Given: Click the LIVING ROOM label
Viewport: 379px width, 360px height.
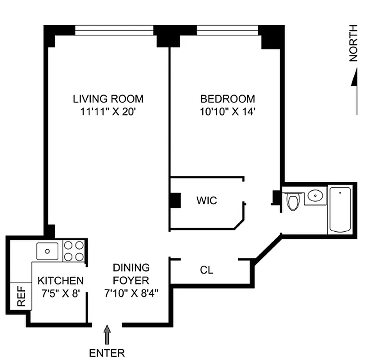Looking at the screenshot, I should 108,99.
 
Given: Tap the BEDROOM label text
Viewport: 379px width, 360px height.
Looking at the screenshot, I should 227,99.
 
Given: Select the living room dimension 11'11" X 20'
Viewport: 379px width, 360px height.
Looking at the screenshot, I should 108,111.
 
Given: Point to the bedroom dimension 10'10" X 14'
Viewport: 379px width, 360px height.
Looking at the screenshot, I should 227,111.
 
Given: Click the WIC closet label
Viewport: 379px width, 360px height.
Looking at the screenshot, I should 206,200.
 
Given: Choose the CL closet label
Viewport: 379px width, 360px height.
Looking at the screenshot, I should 206,270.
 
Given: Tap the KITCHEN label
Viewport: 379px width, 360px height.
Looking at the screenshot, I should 60,281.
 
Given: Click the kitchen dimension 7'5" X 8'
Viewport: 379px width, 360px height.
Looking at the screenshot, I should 60,293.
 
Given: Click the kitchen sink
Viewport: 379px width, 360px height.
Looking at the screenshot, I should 47,251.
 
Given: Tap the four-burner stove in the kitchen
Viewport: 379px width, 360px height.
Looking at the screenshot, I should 74,251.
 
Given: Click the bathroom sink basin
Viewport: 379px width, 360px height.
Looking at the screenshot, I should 316,196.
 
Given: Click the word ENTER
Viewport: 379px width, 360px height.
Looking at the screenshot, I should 107,353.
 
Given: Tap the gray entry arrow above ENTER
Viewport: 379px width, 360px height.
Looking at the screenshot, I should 107,335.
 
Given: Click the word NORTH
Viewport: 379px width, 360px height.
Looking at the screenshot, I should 354,43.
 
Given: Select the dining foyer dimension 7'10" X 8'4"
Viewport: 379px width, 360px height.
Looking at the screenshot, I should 131,293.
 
